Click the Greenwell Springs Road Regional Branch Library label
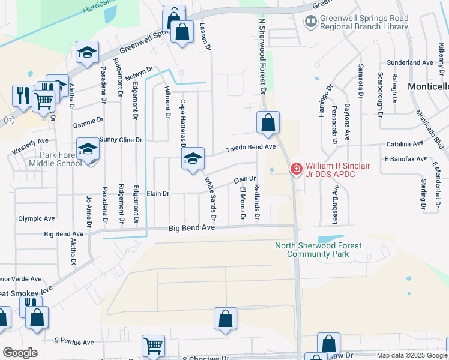364,22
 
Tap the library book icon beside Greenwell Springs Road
310,23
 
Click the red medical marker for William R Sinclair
295,169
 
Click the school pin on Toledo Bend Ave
193,159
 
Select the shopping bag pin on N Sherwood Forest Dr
268,123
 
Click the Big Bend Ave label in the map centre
191,228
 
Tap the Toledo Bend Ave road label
250,147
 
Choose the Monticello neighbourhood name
428,86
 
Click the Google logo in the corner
20,353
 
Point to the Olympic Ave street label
36,218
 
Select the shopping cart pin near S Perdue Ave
153,346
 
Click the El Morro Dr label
243,204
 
